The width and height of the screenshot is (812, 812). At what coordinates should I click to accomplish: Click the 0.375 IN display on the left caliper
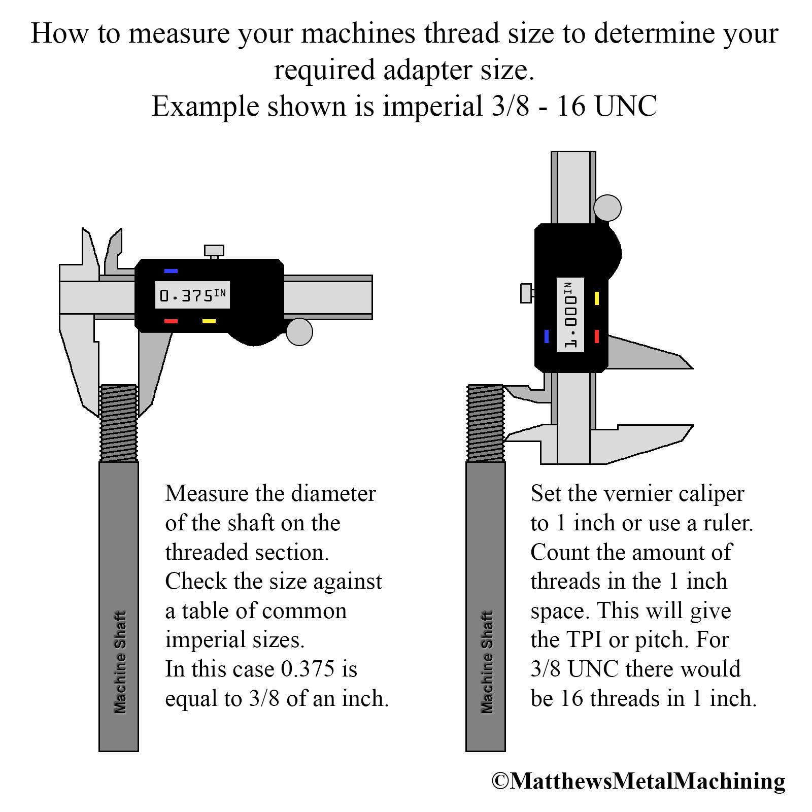pos(192,295)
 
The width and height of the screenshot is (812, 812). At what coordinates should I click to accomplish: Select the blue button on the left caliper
pos(171,271)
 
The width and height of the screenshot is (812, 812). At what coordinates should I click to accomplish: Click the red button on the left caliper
pos(171,321)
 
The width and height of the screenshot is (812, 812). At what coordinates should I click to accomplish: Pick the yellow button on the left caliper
pos(209,321)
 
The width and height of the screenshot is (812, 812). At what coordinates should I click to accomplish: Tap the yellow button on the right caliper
pos(597,298)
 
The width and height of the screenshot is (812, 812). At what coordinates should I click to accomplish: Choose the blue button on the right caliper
pos(547,336)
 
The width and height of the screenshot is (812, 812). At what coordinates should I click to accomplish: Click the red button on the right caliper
pos(597,336)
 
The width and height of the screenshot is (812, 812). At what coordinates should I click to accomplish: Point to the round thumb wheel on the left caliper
pos(299,332)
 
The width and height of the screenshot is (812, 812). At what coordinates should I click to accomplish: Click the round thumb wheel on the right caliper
pos(607,208)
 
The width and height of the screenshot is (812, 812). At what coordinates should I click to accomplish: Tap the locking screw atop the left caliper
pos(214,252)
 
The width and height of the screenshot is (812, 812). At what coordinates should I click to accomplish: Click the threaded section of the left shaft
pos(119,423)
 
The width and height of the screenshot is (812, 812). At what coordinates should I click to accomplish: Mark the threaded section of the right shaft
pos(486,423)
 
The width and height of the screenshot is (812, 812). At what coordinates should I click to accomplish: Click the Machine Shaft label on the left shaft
pos(119,662)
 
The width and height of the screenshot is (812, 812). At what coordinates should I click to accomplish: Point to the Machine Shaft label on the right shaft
pos(486,662)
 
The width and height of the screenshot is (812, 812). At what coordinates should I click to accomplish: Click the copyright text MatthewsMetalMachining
pos(638,781)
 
